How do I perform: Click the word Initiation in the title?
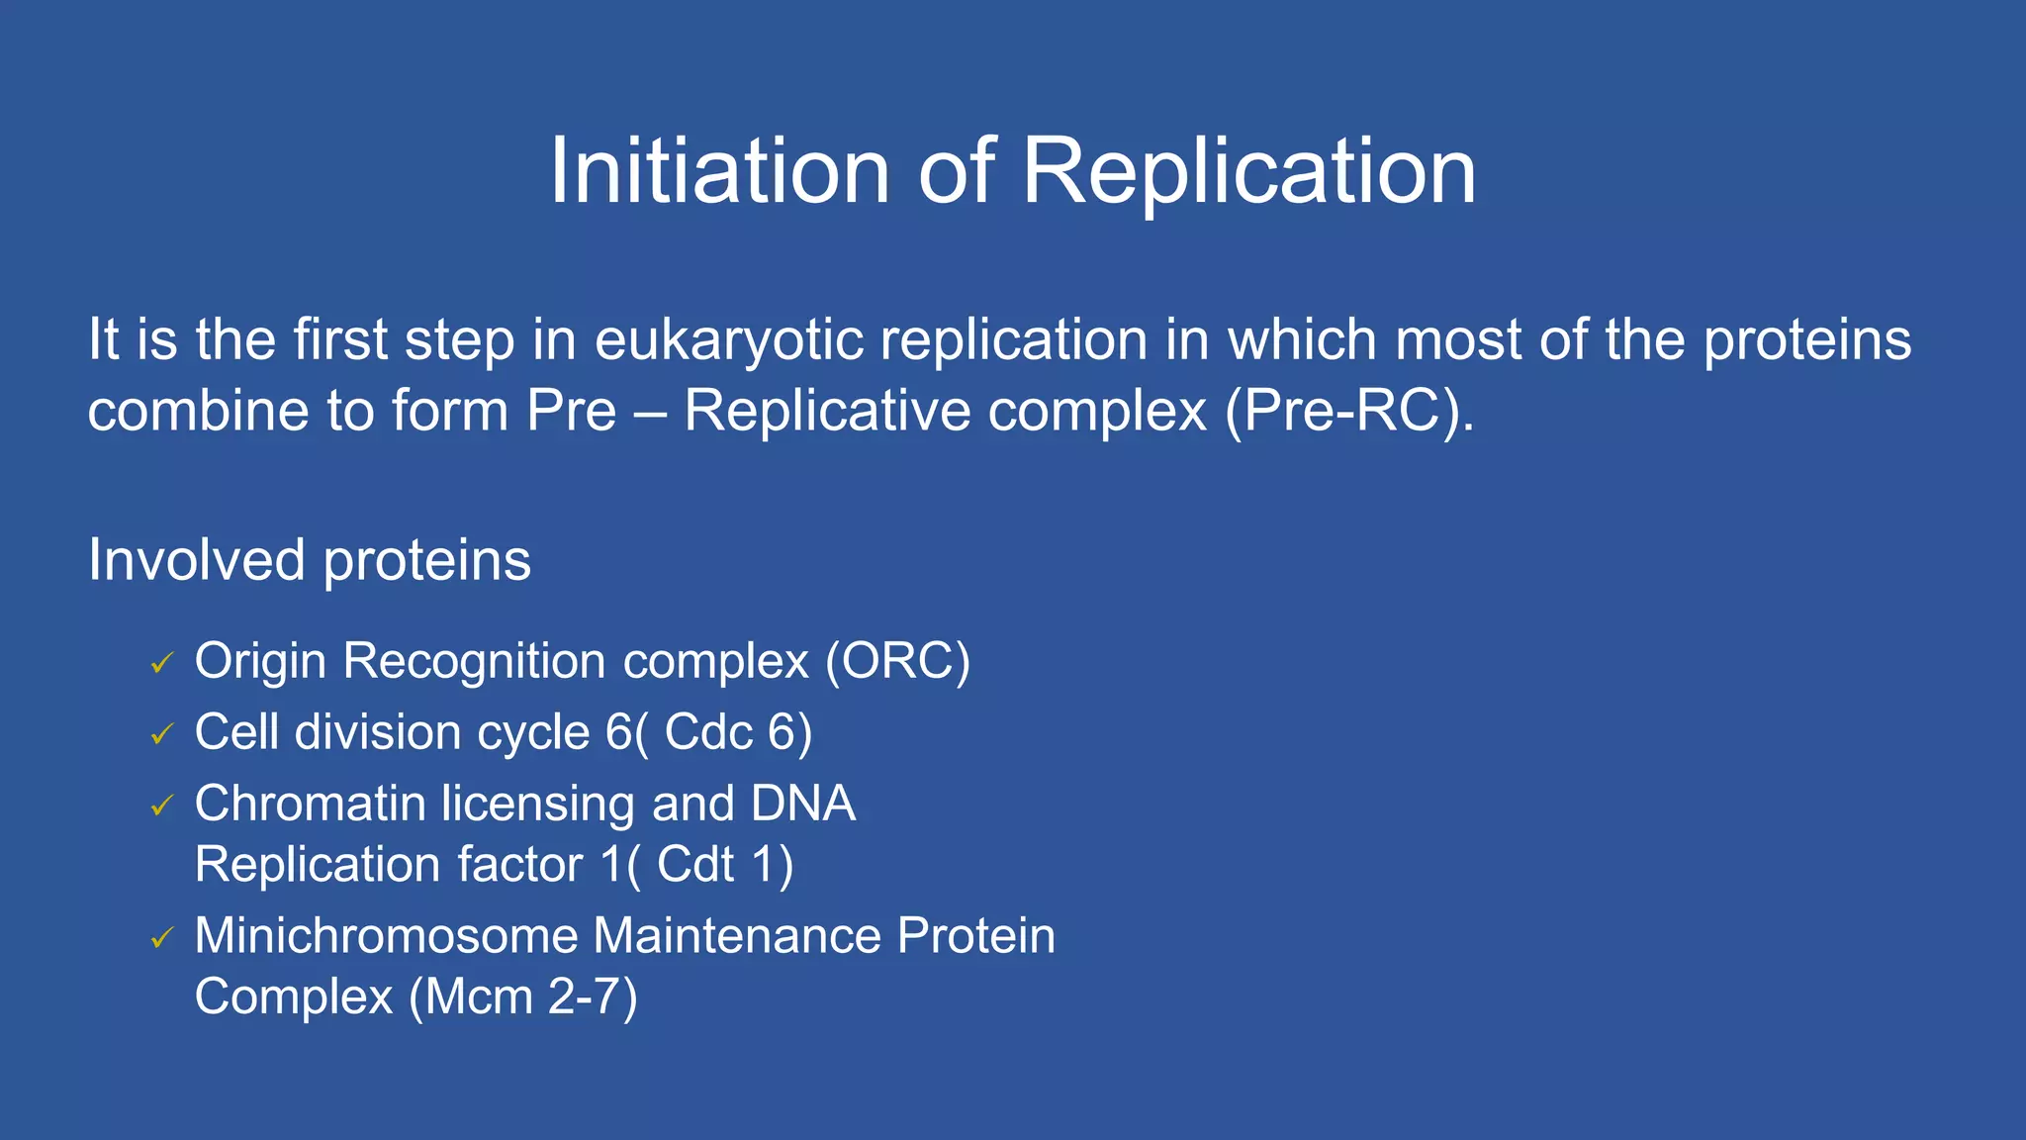(x=720, y=171)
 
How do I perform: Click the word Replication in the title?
(x=1248, y=173)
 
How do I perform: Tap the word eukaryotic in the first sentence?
(x=730, y=341)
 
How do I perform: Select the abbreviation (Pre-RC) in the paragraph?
(x=1348, y=411)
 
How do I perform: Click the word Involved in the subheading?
(x=196, y=560)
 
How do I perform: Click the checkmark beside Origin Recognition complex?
(x=162, y=663)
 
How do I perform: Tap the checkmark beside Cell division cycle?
(x=162, y=734)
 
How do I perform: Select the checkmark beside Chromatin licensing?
(x=162, y=807)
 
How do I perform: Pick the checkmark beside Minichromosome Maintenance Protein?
(x=162, y=938)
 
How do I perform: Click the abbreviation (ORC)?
(x=897, y=661)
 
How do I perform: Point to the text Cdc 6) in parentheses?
(x=738, y=733)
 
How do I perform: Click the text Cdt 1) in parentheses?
(x=724, y=865)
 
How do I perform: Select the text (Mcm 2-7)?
(x=523, y=997)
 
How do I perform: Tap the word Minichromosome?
(x=386, y=936)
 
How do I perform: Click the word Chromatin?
(x=310, y=804)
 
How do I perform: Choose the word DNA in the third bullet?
(x=802, y=804)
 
